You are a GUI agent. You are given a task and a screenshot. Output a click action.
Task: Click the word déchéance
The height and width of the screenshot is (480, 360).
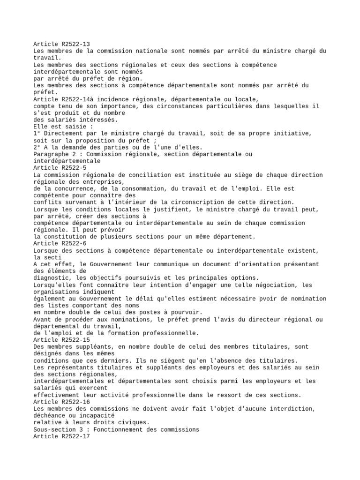click(52, 416)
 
